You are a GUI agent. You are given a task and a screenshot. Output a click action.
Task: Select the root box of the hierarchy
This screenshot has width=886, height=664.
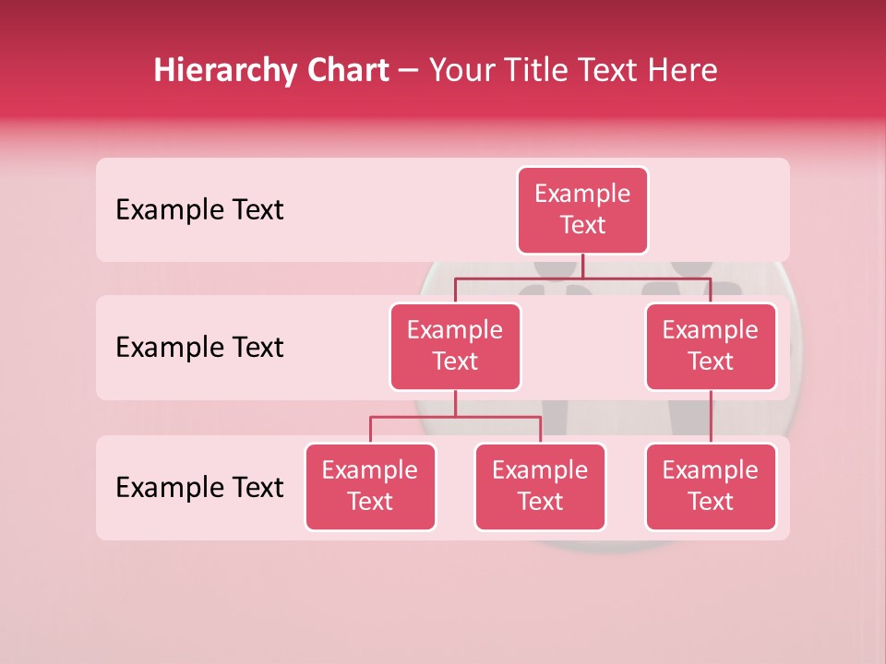tap(582, 210)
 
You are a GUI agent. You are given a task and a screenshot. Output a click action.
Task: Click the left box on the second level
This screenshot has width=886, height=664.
tap(455, 347)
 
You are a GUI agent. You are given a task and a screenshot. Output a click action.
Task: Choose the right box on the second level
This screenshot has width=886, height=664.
tap(711, 347)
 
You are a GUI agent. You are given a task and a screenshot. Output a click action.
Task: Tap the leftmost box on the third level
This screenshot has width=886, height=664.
tap(370, 487)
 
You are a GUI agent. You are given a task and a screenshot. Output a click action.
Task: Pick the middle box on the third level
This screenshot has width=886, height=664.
tap(540, 487)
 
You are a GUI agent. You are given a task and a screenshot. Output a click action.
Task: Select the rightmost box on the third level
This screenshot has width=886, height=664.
tap(711, 487)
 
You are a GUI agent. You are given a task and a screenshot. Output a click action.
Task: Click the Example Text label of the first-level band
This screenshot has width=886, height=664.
tap(199, 210)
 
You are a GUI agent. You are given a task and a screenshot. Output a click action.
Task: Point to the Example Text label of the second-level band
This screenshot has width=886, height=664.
tap(199, 348)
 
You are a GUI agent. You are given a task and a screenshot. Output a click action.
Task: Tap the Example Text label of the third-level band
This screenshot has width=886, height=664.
tap(199, 488)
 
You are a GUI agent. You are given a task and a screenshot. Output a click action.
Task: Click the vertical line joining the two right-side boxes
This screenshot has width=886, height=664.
tap(711, 417)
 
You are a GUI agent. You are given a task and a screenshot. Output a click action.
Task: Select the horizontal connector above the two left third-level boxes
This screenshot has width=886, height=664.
tap(455, 417)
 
